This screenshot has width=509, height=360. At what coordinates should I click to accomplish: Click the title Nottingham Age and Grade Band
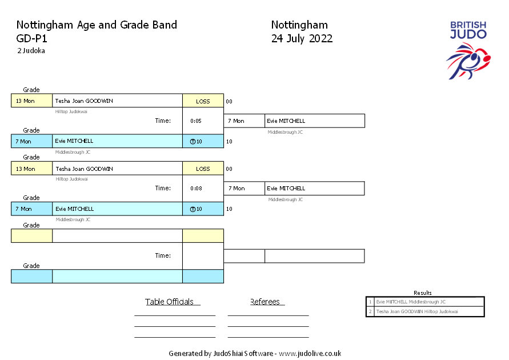click(x=97, y=25)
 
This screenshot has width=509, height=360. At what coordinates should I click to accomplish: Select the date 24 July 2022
click(x=302, y=39)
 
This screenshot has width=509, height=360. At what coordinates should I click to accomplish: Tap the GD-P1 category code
click(x=32, y=39)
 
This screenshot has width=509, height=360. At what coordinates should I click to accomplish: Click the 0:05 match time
click(x=195, y=121)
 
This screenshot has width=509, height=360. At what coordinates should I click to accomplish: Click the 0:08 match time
click(x=195, y=189)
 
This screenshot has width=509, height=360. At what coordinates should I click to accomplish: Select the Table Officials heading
click(x=170, y=302)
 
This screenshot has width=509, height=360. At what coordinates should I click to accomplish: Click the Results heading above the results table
click(x=423, y=293)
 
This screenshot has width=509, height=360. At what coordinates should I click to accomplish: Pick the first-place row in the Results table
click(x=425, y=301)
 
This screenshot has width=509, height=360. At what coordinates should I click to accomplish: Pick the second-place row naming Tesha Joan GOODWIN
click(x=425, y=311)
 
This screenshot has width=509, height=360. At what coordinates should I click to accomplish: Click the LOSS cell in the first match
click(x=203, y=101)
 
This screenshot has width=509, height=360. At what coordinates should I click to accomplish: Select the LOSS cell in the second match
click(x=203, y=169)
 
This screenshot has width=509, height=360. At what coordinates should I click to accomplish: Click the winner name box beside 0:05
click(x=314, y=121)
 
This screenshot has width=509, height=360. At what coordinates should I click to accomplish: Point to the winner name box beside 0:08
click(x=314, y=189)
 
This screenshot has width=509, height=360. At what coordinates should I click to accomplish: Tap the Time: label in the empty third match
click(x=163, y=255)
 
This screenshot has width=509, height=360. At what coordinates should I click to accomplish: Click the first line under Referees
click(x=268, y=315)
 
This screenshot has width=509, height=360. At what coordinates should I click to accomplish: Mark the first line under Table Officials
click(x=174, y=315)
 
